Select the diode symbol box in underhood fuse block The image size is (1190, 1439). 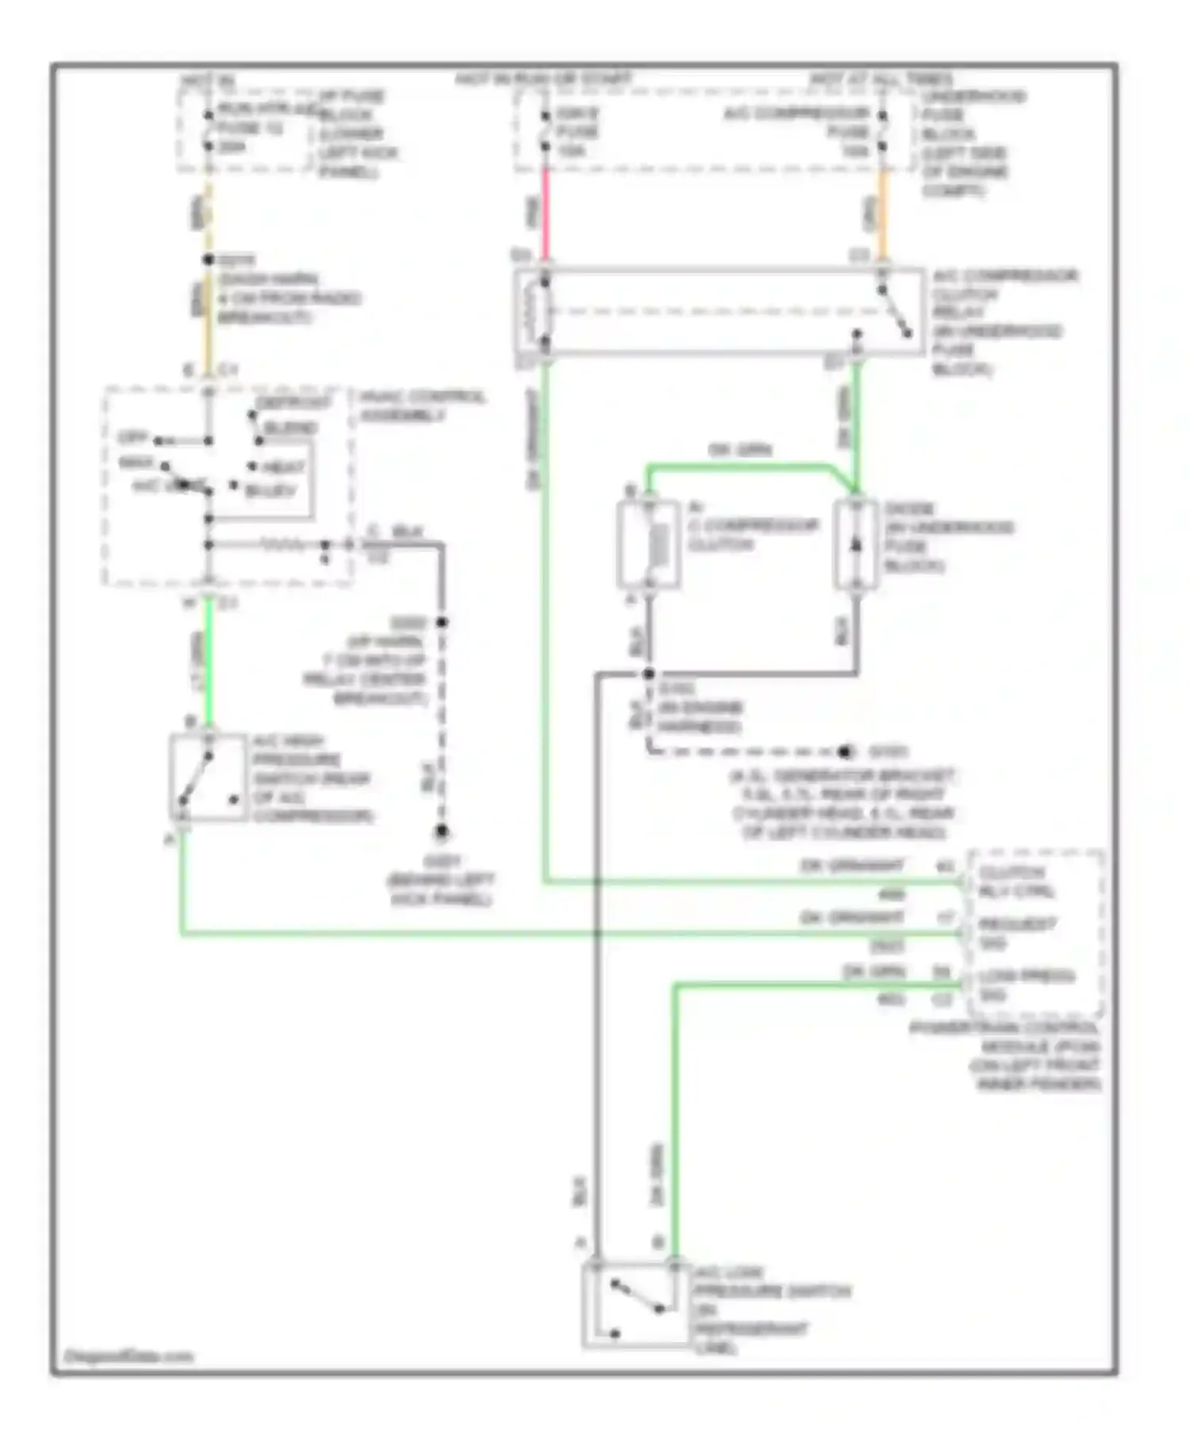click(x=855, y=545)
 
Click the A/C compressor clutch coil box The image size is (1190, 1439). click(x=648, y=545)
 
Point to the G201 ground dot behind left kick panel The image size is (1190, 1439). click(x=441, y=831)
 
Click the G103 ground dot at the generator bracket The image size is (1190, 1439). click(x=846, y=751)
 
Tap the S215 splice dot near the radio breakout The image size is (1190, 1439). click(x=209, y=259)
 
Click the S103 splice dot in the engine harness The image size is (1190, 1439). click(x=648, y=674)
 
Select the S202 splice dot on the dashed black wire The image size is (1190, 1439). click(x=442, y=623)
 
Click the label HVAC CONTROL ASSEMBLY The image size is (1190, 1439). click(x=422, y=406)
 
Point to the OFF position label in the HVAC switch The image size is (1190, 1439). click(x=132, y=438)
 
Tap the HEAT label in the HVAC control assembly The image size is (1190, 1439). click(x=284, y=467)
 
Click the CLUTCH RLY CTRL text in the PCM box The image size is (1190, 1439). click(x=1016, y=881)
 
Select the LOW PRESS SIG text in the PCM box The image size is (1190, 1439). click(x=1026, y=984)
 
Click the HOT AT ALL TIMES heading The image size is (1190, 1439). click(x=881, y=80)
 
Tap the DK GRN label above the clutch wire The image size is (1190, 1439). click(x=739, y=450)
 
